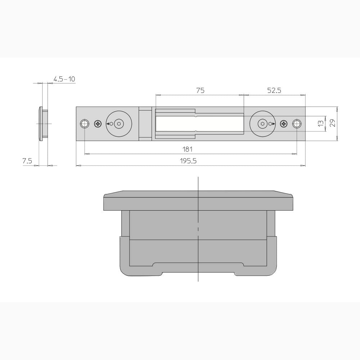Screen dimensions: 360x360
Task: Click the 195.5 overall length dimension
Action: [x=188, y=161]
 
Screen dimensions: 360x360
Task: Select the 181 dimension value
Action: [x=187, y=149]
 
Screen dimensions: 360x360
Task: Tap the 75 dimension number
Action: [x=200, y=90]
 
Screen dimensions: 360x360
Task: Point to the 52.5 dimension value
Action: [x=274, y=90]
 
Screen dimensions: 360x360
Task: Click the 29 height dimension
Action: [x=333, y=123]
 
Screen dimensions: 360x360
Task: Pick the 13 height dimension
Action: [x=321, y=123]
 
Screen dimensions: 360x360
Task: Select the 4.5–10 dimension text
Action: [x=64, y=79]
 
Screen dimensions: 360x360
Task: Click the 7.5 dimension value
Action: [x=27, y=161]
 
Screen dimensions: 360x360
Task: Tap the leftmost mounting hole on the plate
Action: [x=84, y=124]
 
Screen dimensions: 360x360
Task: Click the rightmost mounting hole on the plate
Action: [x=297, y=124]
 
